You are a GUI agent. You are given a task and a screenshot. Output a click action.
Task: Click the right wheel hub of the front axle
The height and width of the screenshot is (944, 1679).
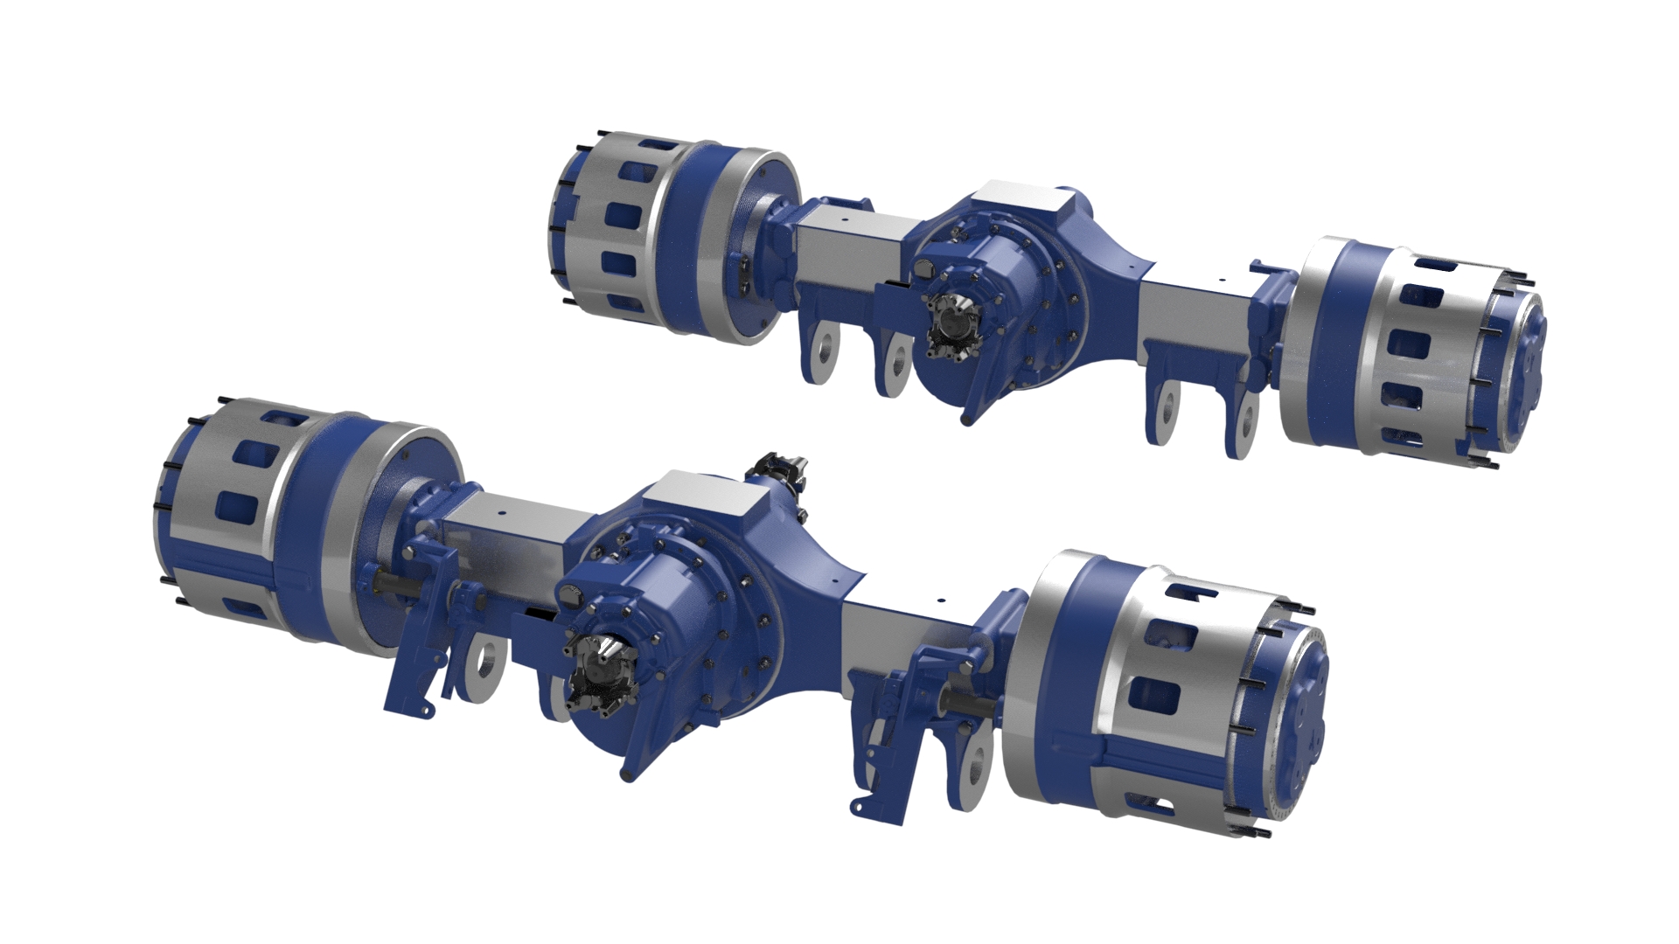pyautogui.click(x=1163, y=691)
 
